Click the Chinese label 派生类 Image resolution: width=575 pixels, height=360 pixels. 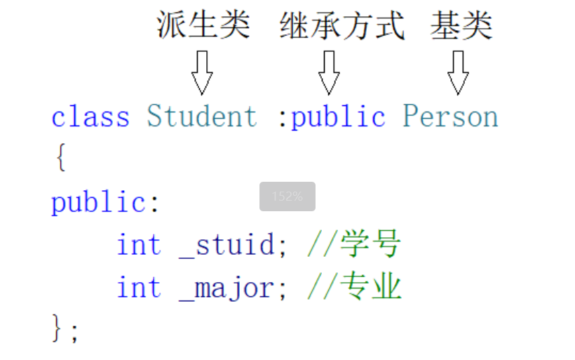(203, 27)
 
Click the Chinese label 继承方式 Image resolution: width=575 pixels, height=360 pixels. (341, 27)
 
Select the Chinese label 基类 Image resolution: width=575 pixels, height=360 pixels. (461, 27)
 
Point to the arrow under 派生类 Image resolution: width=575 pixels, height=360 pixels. (202, 72)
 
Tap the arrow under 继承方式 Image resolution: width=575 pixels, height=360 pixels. (329, 72)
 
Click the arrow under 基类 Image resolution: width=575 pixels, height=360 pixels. (458, 72)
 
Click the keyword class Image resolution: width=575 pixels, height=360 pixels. (90, 116)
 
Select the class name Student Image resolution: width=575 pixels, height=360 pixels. (202, 116)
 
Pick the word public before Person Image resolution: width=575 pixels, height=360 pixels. (339, 116)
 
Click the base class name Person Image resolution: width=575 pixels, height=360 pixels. (450, 116)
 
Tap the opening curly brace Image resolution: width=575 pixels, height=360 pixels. (60, 159)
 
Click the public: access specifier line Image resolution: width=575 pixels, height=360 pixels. (105, 203)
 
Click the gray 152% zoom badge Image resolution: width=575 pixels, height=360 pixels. (287, 196)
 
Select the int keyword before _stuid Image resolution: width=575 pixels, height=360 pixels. (138, 246)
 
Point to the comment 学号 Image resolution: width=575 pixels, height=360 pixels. (371, 246)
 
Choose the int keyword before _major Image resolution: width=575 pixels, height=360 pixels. (138, 288)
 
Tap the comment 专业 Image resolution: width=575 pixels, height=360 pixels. (371, 288)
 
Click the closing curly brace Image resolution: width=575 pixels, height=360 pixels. (60, 328)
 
